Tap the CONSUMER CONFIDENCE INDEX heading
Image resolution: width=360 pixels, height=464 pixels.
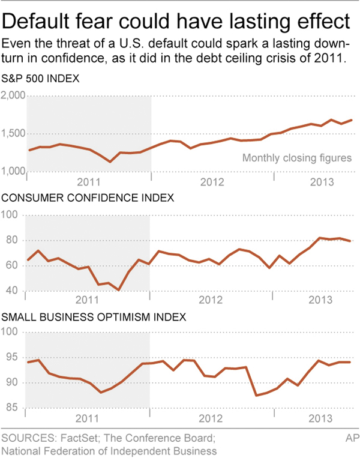88,197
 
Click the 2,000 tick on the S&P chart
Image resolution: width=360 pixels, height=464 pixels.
13,96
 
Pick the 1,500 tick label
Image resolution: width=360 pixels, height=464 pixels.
13,134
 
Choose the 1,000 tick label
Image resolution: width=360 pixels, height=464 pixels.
13,172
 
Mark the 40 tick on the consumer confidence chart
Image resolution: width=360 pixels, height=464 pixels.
13,292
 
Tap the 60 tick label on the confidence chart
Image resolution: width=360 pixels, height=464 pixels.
13,266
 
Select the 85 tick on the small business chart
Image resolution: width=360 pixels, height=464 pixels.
13,409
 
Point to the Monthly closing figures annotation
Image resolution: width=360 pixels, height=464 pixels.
296,158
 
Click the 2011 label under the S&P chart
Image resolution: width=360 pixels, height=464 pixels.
88,181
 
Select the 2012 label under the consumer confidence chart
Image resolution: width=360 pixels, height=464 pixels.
212,300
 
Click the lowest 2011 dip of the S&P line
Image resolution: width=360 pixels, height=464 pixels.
110,161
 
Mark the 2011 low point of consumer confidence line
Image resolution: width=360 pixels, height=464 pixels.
119,290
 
